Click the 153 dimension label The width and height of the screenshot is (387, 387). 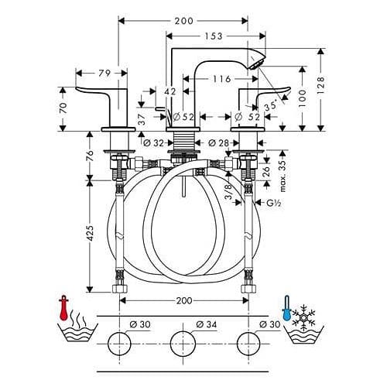point(214,36)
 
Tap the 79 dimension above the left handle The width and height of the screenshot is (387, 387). point(104,74)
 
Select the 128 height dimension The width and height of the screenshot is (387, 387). point(320,86)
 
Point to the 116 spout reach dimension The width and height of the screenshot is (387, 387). point(222,79)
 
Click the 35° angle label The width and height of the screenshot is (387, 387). point(270,106)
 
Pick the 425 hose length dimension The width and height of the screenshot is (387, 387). point(90,234)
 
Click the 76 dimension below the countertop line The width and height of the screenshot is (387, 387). point(90,156)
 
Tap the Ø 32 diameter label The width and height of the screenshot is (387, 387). point(153,142)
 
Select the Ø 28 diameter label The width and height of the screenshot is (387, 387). point(218,142)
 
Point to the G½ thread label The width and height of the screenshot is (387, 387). point(273,203)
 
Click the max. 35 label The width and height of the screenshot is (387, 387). point(283,176)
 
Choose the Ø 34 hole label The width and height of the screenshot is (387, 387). point(207,324)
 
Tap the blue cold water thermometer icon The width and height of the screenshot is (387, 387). point(286,308)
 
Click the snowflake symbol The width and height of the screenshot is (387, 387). point(303,317)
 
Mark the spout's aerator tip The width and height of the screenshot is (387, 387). point(255,64)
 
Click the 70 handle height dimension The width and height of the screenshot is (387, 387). point(63,108)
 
